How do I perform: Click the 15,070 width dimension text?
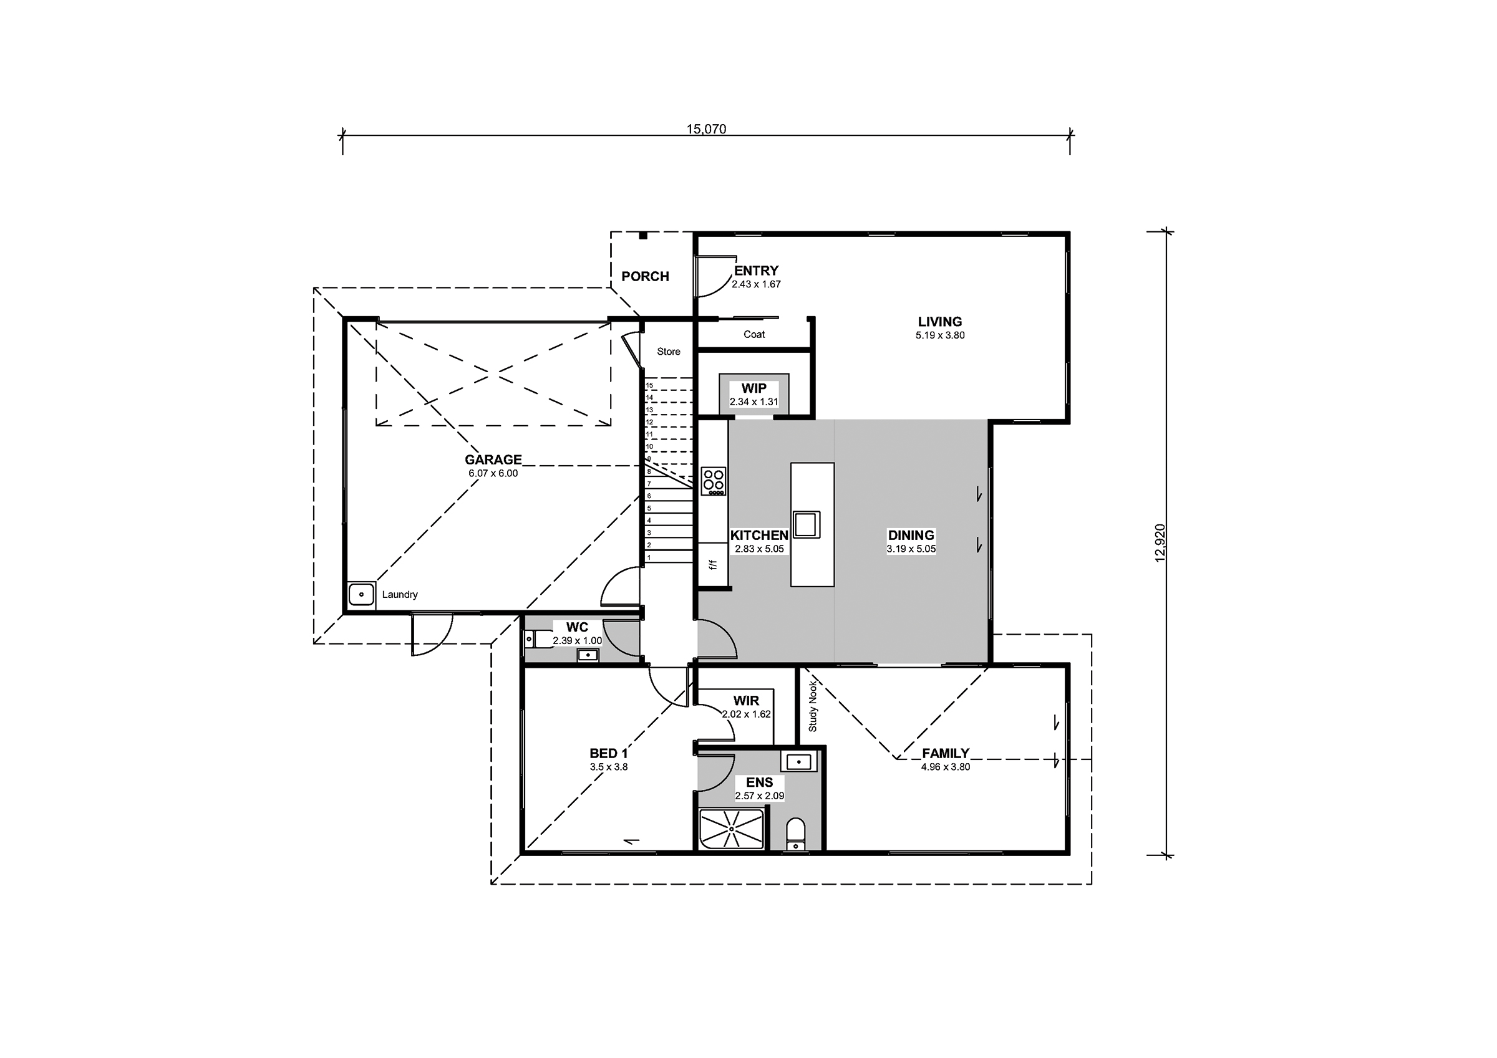tap(705, 129)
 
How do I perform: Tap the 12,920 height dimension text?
tap(1160, 542)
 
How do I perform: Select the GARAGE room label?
tap(493, 459)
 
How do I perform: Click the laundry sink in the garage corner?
tap(361, 595)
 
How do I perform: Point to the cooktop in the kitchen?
tap(714, 481)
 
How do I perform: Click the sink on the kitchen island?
tap(806, 525)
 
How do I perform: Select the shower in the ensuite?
tap(731, 829)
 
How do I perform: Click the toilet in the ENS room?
tap(795, 834)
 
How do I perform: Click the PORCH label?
tap(645, 276)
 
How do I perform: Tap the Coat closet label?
tap(753, 334)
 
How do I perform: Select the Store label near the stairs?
tap(668, 352)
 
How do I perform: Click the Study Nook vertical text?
tap(813, 706)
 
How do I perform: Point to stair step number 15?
tap(649, 386)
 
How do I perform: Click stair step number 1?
tap(649, 557)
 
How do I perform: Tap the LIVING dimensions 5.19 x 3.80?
tap(939, 335)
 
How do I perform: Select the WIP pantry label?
tap(753, 388)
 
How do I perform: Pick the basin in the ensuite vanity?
tap(798, 761)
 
